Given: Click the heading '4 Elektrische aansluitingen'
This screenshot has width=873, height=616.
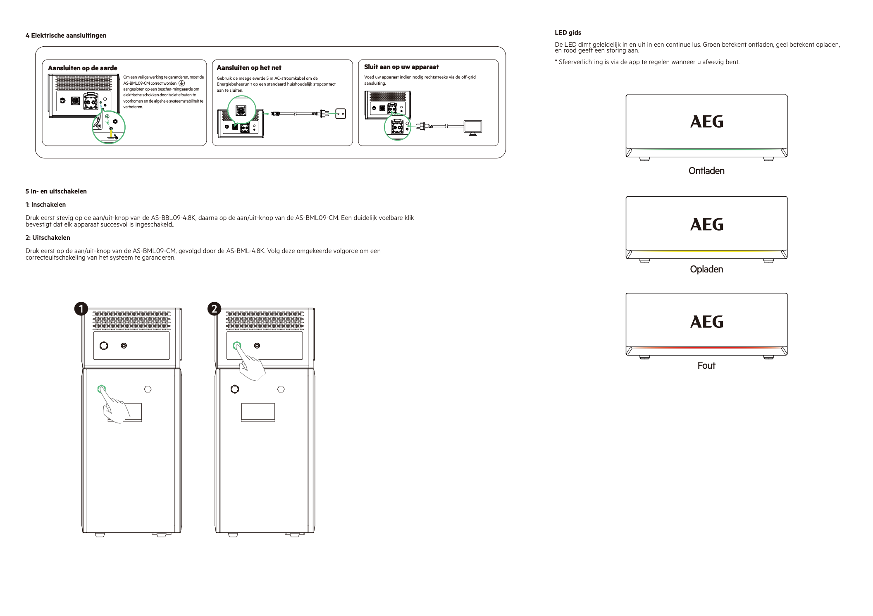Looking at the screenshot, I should [66, 36].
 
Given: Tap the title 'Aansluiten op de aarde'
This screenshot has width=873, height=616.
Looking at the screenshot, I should [82, 68].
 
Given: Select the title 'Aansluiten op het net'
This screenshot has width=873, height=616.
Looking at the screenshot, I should [249, 68].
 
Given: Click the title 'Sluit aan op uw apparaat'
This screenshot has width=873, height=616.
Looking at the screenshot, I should [401, 67].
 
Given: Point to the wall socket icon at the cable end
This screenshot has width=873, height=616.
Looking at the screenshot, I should [341, 114].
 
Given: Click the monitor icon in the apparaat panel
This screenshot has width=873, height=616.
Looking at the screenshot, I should [473, 127].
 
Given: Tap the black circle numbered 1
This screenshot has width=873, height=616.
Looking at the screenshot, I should [81, 309].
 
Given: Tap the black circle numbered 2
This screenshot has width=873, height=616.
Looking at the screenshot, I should [214, 309].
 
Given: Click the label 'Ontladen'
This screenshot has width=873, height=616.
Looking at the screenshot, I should [706, 171].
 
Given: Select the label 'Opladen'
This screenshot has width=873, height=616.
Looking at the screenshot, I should [706, 269].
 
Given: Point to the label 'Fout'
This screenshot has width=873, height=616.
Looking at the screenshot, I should [706, 365].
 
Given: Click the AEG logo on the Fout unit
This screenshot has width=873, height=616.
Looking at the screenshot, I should [706, 322].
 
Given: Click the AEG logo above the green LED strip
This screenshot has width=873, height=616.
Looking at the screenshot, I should [706, 122].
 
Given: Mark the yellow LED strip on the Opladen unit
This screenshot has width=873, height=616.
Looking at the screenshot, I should [706, 251].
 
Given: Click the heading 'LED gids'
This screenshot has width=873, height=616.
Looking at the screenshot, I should [568, 33].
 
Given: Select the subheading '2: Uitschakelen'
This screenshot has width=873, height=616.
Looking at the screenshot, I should [48, 238].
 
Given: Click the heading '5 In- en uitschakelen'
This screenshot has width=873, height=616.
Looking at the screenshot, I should [56, 191].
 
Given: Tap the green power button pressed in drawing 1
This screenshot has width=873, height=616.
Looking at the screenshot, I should [101, 389].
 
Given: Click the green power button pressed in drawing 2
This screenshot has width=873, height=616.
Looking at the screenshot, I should [237, 345].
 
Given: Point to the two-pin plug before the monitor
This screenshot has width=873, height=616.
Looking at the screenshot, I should [422, 126].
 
